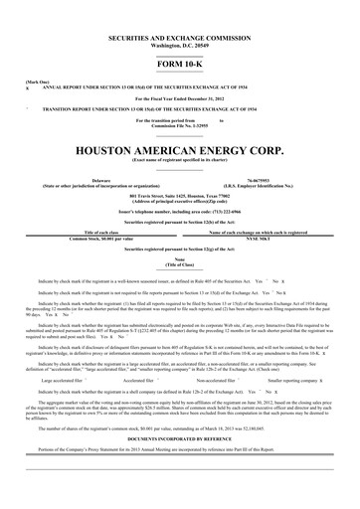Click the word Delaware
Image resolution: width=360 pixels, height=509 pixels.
tap(100, 180)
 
